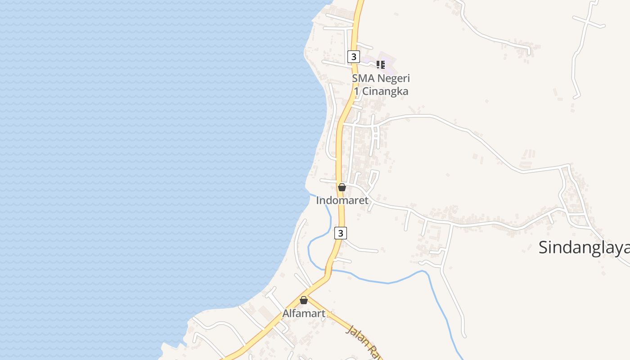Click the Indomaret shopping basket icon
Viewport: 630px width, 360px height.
point(342,187)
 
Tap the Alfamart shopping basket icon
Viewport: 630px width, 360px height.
point(304,300)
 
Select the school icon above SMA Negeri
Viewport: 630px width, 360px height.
point(381,65)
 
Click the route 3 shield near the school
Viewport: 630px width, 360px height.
point(354,57)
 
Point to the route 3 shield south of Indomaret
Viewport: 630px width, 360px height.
point(341,233)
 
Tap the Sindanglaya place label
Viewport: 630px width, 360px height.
point(584,247)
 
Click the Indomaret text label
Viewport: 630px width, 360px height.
point(342,200)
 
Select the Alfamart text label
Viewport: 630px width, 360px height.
point(304,314)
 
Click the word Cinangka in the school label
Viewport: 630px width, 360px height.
point(385,91)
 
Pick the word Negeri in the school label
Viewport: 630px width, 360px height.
point(394,78)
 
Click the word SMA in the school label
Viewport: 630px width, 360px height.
point(363,78)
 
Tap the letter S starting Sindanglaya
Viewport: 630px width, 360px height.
point(544,247)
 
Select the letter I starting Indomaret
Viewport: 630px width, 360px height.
point(318,200)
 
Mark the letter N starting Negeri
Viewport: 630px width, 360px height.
point(381,78)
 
